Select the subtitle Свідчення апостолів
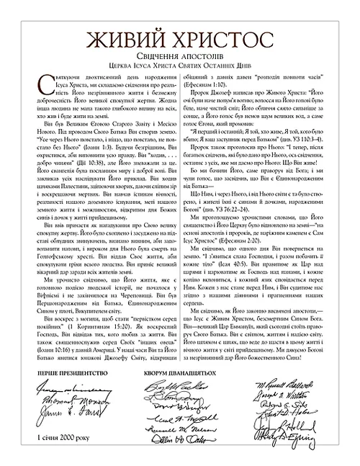click(179, 55)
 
